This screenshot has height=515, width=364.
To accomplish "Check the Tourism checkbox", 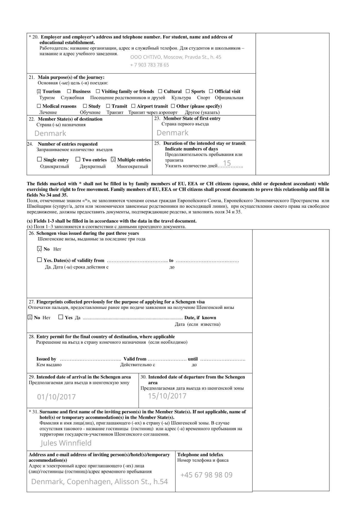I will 39,91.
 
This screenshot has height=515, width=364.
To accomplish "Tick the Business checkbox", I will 69,91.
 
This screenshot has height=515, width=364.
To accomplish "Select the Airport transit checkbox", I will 133,106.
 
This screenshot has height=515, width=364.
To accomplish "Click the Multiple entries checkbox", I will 113,160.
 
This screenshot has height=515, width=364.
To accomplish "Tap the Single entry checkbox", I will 39,159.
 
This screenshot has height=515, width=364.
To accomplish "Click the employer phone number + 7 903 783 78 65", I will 150,65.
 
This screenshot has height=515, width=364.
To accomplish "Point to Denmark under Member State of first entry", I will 172,133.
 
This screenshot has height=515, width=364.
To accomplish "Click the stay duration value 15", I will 227,163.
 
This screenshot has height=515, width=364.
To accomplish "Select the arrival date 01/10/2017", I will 56,397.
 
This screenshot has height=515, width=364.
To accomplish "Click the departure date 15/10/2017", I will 167,396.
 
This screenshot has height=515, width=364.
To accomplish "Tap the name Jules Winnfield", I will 66,443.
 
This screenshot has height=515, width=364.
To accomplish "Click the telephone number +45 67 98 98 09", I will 206,475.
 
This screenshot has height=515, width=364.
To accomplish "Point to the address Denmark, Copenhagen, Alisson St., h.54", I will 99,482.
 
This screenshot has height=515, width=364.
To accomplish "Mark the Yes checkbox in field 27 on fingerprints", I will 61,317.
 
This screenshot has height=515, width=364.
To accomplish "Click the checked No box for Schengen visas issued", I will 39,249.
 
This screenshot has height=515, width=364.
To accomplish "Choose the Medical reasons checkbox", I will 39,106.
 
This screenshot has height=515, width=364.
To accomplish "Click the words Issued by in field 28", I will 46,359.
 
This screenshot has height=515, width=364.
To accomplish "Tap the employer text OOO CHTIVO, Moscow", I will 176,57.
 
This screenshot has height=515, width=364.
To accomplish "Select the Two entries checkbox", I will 78,159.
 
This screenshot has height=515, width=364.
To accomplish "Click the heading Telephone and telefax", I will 200,455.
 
